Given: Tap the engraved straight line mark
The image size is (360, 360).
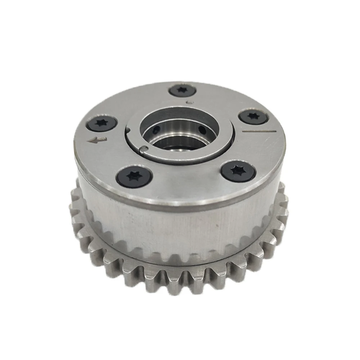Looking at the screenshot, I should tap(259, 131).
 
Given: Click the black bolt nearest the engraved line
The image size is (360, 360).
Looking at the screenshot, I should tap(253, 117).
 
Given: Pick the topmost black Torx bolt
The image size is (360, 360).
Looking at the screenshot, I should tap(182, 90).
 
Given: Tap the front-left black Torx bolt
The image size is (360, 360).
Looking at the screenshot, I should tap(134, 176).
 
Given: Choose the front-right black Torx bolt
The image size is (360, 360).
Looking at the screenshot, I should tap(238, 171).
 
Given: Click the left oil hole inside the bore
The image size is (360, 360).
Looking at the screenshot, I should tap(156, 130).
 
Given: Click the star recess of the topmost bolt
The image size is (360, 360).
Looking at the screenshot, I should tap(182, 90).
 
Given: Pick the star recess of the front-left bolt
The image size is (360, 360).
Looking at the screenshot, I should tap(134, 176).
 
